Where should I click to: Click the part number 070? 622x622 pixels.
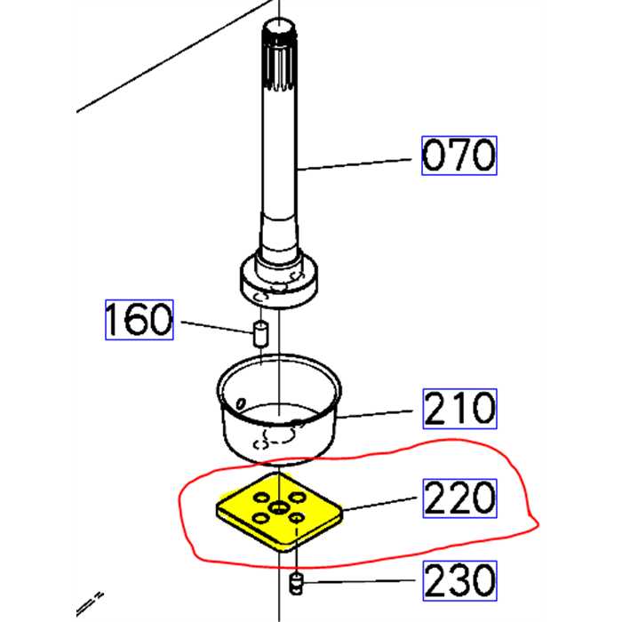[x=458, y=156]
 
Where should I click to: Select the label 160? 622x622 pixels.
[x=139, y=320]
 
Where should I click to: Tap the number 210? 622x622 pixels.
[x=458, y=410]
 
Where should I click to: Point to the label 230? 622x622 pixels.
[x=458, y=581]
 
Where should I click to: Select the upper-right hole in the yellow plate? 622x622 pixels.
[x=294, y=495]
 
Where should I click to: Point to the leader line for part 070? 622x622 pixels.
[x=355, y=164]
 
